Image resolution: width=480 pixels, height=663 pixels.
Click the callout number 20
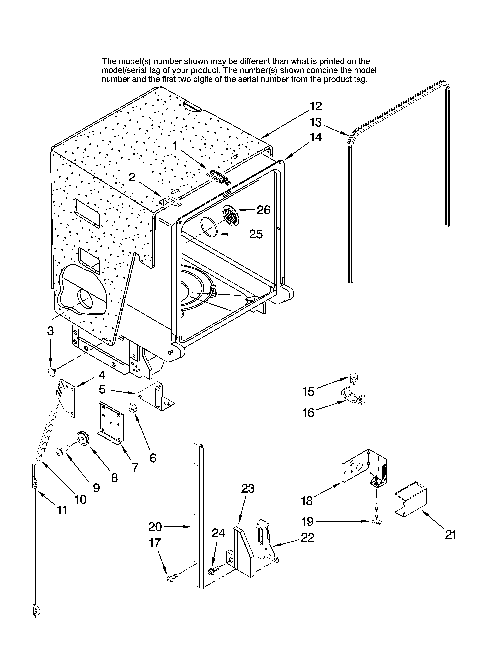pos(155,527)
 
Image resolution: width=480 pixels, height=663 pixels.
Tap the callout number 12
pos(316,106)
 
